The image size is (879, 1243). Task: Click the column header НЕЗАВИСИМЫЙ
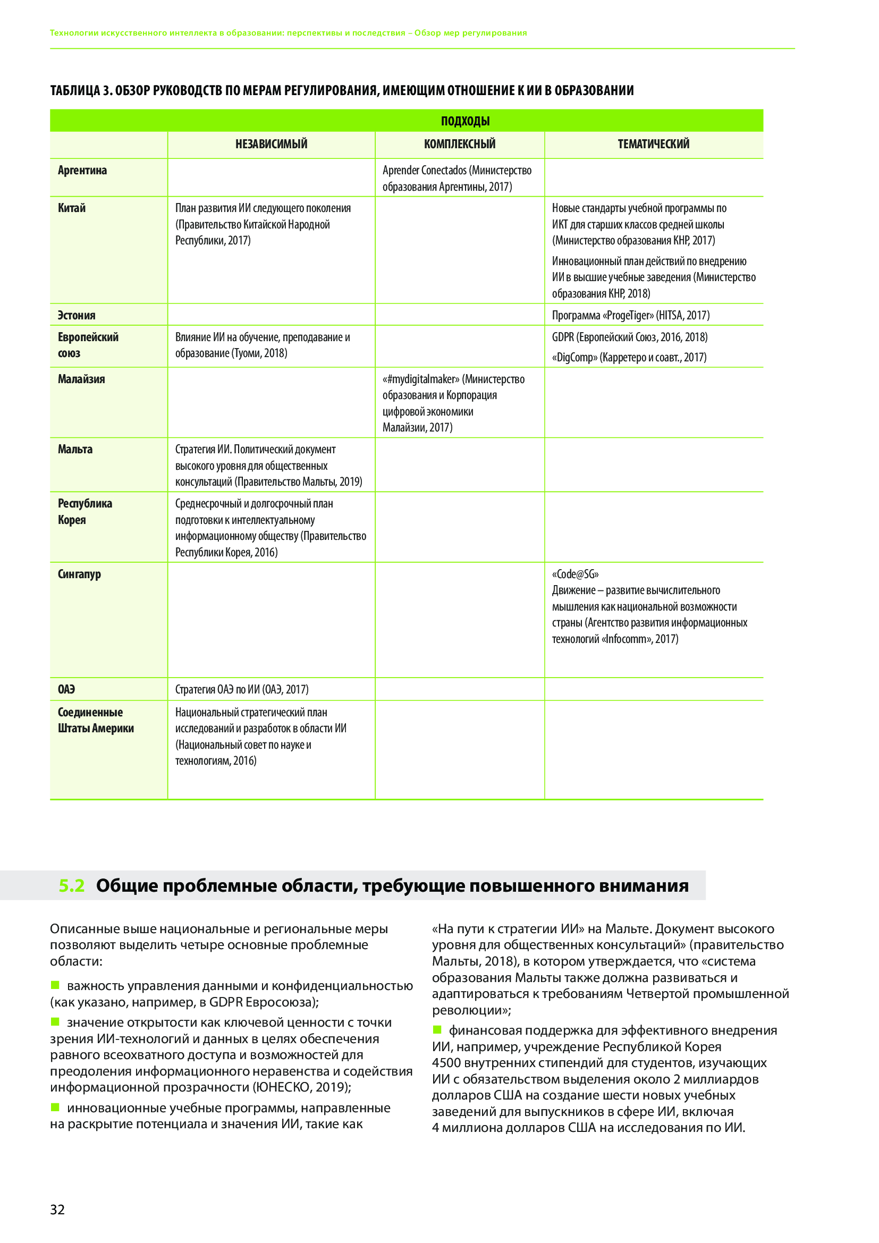[x=271, y=144]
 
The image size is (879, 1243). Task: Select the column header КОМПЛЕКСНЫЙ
[x=460, y=144]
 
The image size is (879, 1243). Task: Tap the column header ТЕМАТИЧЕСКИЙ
[x=653, y=144]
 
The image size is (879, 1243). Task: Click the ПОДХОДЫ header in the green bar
[x=465, y=121]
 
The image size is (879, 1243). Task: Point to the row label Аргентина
[x=82, y=171]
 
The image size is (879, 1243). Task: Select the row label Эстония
[x=77, y=315]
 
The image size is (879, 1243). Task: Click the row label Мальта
[x=75, y=450]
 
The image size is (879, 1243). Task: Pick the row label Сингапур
[x=80, y=574]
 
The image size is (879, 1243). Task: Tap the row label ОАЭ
[x=66, y=689]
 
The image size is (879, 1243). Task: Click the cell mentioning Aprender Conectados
[x=457, y=178]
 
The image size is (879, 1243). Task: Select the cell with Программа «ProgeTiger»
[x=631, y=315]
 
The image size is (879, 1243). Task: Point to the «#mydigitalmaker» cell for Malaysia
[x=453, y=403]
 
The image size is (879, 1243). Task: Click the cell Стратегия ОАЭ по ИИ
[x=242, y=689]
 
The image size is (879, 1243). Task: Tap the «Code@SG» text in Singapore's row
[x=576, y=574]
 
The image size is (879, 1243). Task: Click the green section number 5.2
[x=71, y=900]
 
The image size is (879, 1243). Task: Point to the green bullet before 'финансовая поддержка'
[x=437, y=1029]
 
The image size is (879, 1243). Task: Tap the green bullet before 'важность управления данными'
[x=55, y=985]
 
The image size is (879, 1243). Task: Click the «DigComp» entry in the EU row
[x=629, y=357]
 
